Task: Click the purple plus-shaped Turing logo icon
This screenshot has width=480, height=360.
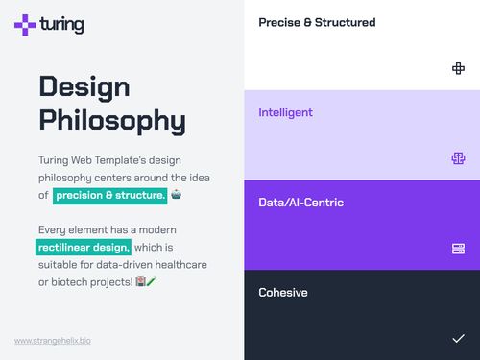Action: (26, 25)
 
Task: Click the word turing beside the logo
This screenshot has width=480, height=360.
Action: (62, 25)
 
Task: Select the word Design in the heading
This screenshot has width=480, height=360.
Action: (84, 86)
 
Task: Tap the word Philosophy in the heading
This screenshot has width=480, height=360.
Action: (112, 121)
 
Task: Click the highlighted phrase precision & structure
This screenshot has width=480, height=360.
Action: (110, 195)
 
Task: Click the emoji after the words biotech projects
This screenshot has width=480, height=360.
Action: (145, 281)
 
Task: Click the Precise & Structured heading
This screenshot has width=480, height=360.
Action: (317, 22)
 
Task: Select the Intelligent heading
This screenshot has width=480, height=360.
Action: (285, 112)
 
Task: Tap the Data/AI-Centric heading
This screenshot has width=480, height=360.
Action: (300, 203)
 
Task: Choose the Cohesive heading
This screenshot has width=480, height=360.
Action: (283, 292)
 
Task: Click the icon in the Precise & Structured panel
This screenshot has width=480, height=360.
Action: (458, 68)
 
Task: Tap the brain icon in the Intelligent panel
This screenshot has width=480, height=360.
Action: (458, 158)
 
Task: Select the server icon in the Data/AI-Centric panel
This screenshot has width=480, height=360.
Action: (458, 249)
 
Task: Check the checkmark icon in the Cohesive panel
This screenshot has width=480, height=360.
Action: (458, 338)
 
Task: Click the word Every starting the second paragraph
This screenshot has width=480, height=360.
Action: (54, 230)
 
